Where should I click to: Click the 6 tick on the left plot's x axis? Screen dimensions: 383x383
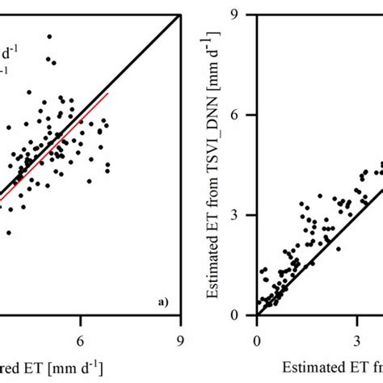click(x=80, y=341)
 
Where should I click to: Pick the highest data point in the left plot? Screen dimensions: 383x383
click(x=49, y=36)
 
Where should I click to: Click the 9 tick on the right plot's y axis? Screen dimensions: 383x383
click(x=241, y=13)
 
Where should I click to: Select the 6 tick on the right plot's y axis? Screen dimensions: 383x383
click(x=241, y=114)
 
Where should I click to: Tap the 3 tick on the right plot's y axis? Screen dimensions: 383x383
click(x=241, y=215)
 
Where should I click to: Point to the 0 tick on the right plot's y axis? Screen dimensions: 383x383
click(x=241, y=315)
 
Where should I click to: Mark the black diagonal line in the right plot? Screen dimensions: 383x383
click(x=323, y=234)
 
